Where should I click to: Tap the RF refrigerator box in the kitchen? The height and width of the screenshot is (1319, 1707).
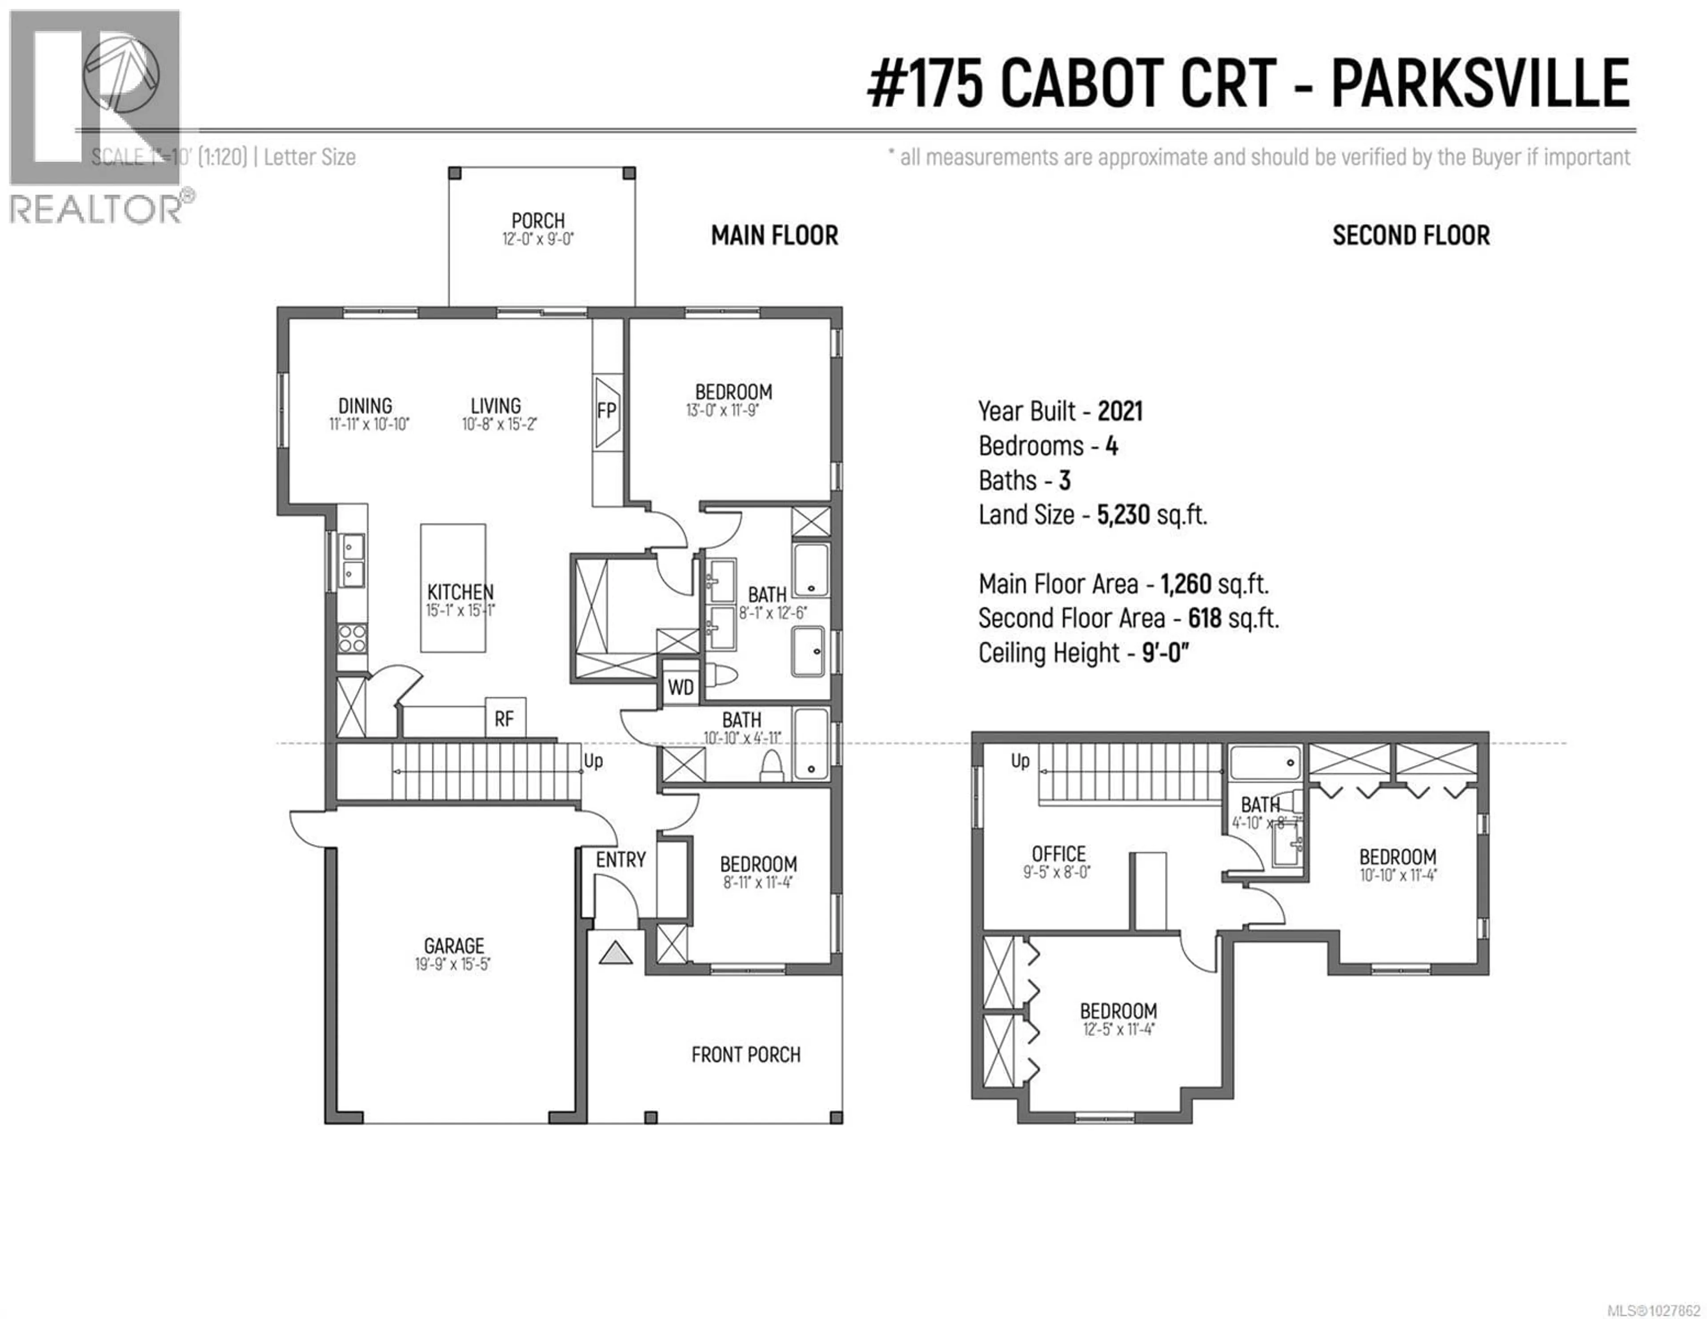coord(505,718)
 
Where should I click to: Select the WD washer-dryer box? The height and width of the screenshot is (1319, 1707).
coord(680,687)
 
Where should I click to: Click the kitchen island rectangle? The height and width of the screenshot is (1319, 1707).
coord(453,588)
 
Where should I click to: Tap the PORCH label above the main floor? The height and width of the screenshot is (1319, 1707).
coord(538,221)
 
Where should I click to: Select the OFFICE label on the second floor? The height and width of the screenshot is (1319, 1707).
coord(1058,854)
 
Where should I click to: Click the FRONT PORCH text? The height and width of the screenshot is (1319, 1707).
coord(745,1055)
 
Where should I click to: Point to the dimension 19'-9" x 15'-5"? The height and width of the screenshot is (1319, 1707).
coord(453,965)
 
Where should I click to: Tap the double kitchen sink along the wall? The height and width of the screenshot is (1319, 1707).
coord(353,559)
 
